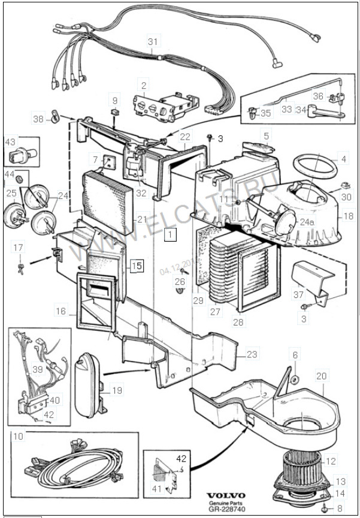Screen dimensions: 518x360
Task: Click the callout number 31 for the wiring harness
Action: click(x=153, y=41)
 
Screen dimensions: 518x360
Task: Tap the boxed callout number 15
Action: click(x=138, y=266)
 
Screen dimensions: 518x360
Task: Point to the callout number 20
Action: click(x=322, y=376)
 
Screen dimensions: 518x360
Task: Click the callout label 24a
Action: click(x=307, y=221)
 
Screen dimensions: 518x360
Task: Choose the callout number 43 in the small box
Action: click(x=11, y=142)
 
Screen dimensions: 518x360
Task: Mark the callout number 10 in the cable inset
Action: click(x=19, y=436)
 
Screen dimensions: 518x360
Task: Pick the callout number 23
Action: click(x=252, y=354)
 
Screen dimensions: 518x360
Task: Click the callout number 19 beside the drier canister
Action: click(x=117, y=390)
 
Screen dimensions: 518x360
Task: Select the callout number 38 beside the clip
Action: click(x=38, y=119)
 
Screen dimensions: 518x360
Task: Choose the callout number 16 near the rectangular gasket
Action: click(x=61, y=311)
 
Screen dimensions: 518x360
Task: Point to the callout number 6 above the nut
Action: click(x=295, y=356)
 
